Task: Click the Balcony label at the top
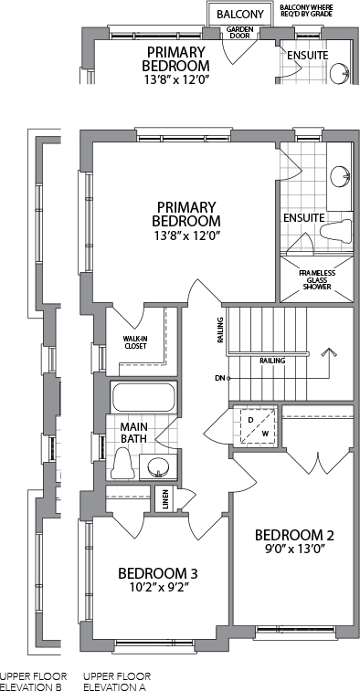(240, 14)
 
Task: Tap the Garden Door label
(239, 32)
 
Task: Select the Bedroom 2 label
(294, 535)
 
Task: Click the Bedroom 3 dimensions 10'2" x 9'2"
(157, 587)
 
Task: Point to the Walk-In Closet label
(134, 342)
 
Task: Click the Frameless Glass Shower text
(317, 280)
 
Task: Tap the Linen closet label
(165, 499)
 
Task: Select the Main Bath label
(133, 433)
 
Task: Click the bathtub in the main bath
(143, 397)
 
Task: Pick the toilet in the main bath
(122, 463)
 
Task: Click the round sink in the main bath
(157, 466)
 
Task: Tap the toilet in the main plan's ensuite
(336, 231)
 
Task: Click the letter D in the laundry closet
(250, 420)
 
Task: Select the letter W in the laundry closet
(265, 434)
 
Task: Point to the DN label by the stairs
(220, 378)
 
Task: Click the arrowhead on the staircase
(328, 352)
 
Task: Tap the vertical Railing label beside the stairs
(220, 330)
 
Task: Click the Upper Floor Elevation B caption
(34, 681)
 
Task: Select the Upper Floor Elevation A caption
(117, 681)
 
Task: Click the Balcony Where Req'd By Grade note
(306, 11)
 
